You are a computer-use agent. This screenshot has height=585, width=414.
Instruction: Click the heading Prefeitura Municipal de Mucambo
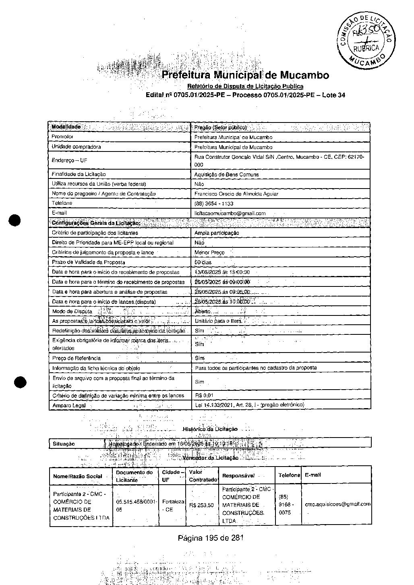point(245,75)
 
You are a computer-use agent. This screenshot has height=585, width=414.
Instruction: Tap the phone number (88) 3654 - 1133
point(214,203)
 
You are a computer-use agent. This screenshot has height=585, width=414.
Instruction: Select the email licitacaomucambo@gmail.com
point(230,213)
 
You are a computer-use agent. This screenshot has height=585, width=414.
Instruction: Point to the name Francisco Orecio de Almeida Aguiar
point(236,194)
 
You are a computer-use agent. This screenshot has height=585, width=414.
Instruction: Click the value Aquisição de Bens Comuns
point(227,174)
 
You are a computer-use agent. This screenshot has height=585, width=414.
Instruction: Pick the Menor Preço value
point(209,253)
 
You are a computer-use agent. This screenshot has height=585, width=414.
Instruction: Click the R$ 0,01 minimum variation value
point(204,395)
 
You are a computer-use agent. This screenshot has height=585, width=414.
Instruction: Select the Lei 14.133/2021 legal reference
point(249,405)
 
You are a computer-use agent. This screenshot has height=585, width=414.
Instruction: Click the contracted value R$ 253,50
point(201,505)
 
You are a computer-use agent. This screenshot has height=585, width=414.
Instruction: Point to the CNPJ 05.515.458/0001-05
point(137,506)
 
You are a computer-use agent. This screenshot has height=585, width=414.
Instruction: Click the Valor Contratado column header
point(203,476)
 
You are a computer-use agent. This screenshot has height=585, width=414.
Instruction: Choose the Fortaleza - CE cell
point(173,506)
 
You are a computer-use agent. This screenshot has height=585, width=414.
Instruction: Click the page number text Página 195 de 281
point(211,538)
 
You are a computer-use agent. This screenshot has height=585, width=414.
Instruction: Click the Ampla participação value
point(217,233)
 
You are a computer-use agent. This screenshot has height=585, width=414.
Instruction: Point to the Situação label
point(64,444)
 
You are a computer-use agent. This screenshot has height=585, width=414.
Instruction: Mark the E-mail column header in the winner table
point(313,475)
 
